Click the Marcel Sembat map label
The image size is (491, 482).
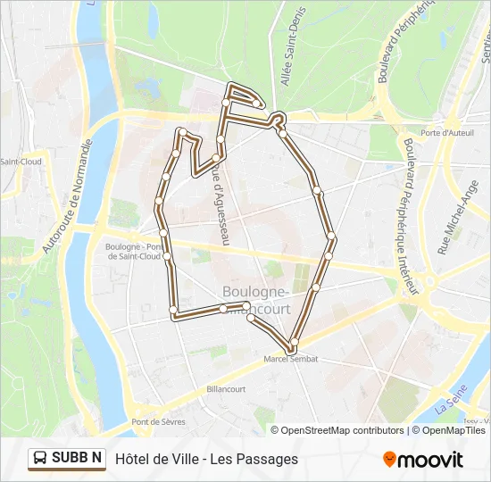pos(291,359)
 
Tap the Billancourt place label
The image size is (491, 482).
pos(226,389)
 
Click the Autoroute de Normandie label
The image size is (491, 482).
pos(68,195)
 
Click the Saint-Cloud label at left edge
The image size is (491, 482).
pos(20,162)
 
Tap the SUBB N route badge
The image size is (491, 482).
pos(67,458)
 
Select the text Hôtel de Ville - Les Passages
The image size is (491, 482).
pos(206,459)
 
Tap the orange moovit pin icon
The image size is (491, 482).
pos(389,459)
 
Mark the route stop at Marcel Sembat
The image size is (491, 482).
pos(291,346)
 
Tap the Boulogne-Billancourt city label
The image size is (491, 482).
pos(254,300)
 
